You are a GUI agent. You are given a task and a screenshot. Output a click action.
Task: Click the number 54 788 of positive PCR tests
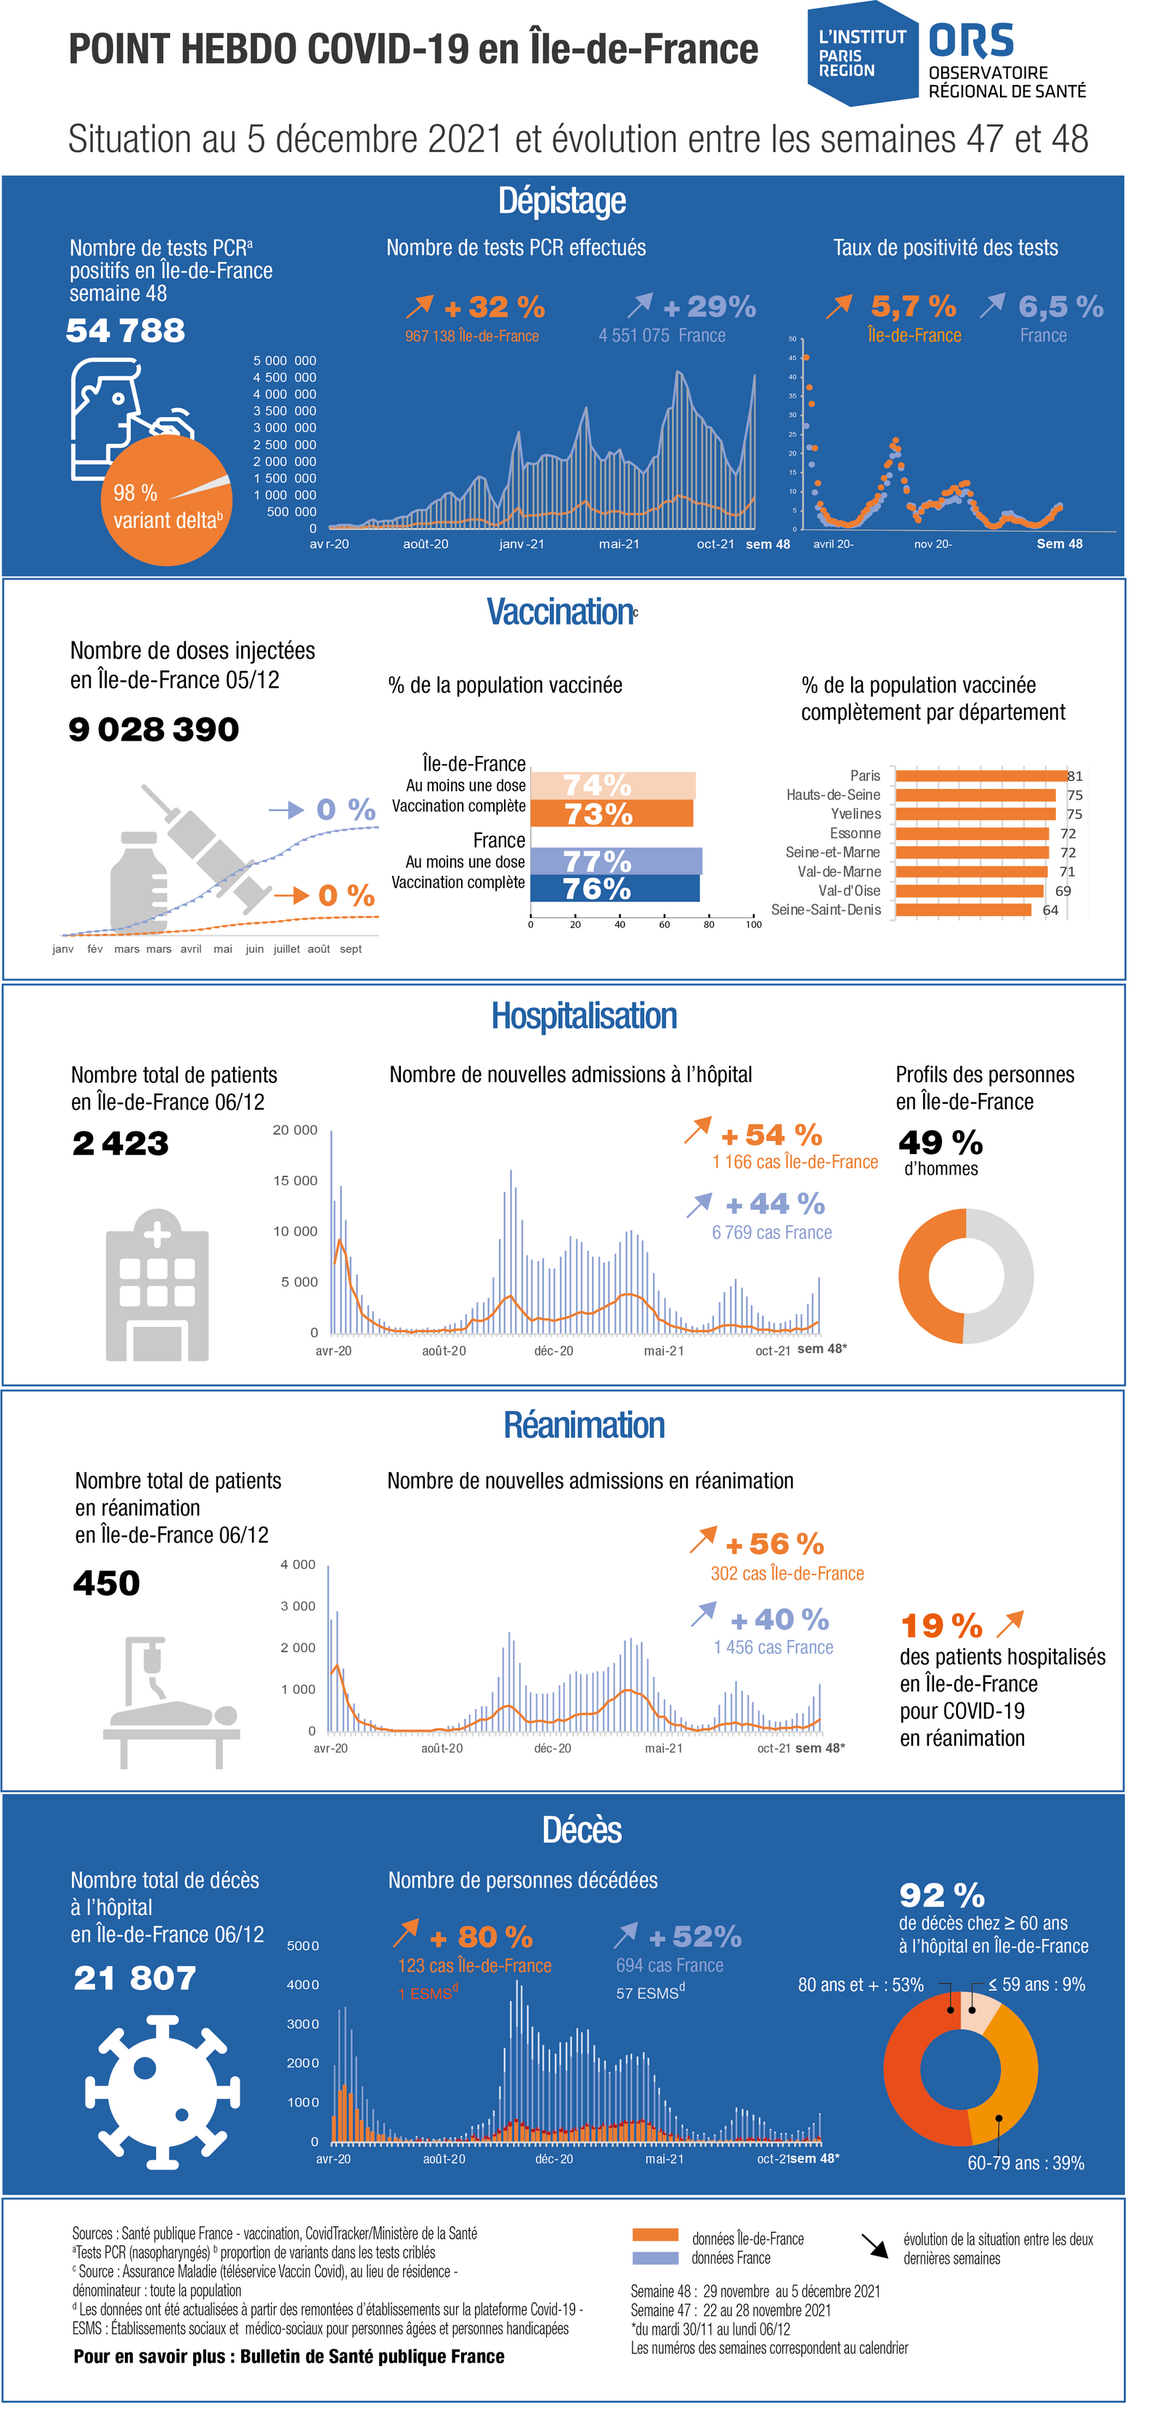coord(126,330)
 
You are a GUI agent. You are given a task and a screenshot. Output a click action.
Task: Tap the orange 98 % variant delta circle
coord(166,500)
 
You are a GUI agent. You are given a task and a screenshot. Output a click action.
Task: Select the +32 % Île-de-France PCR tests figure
coord(495,307)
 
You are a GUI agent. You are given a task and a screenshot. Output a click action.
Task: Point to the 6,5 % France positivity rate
coord(1061,307)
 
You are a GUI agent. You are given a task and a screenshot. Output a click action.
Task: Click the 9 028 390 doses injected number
coord(154,729)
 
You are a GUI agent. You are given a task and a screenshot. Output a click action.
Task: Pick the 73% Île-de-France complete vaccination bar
coord(612,813)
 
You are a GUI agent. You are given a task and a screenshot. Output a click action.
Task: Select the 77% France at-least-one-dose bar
coord(616,861)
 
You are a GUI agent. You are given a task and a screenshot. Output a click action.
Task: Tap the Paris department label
coord(866,776)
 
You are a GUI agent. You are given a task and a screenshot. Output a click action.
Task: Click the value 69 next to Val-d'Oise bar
coord(1063,890)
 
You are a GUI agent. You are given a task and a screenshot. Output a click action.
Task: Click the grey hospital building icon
coord(157,1285)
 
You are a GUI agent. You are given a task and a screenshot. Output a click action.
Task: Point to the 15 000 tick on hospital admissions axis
coord(295,1181)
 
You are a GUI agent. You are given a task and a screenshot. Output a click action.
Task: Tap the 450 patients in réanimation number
coord(107,1583)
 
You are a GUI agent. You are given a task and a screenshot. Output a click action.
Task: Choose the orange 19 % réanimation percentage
coord(942,1625)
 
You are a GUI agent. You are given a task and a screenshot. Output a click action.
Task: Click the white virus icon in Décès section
coord(163,2091)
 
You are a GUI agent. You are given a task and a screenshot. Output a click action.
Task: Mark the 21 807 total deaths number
coord(135,1978)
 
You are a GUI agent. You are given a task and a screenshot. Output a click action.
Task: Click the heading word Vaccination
coord(560,612)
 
